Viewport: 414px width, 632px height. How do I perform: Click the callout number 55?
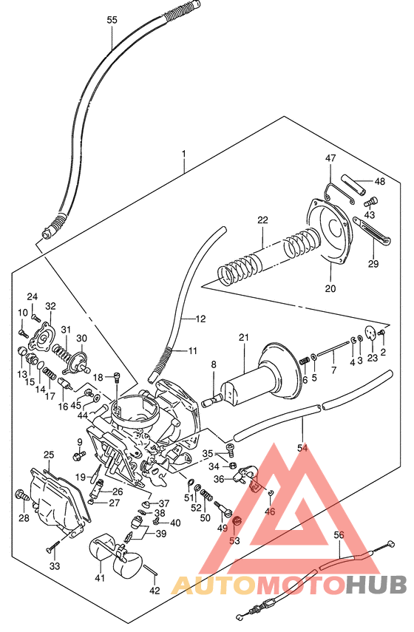click(112, 20)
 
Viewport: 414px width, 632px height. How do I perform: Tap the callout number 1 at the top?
click(184, 155)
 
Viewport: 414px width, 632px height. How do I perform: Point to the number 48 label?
click(379, 181)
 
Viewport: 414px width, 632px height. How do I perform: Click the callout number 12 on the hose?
click(201, 319)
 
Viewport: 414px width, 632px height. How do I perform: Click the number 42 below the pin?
click(154, 591)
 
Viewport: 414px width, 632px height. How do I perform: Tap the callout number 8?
click(213, 364)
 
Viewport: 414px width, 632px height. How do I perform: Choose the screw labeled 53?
click(237, 523)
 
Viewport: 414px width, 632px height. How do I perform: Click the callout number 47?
click(330, 157)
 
